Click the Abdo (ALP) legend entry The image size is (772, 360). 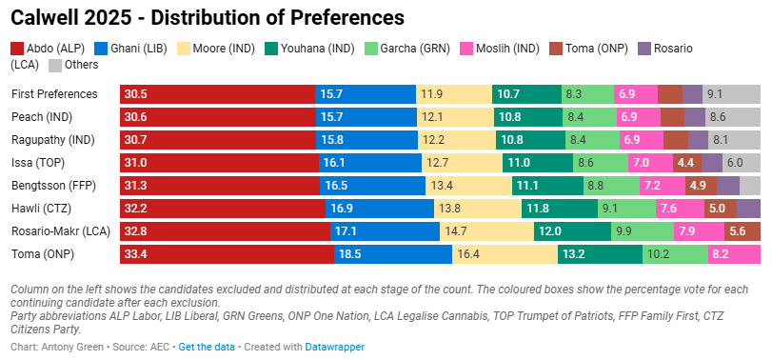click(49, 49)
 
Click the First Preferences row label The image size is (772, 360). click(54, 93)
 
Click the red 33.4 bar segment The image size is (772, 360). click(227, 254)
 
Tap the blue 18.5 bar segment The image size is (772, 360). click(392, 254)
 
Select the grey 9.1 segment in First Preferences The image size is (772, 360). click(731, 93)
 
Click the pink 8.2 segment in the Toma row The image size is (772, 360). click(734, 254)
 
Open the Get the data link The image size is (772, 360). click(207, 347)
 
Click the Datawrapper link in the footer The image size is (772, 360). click(334, 347)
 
